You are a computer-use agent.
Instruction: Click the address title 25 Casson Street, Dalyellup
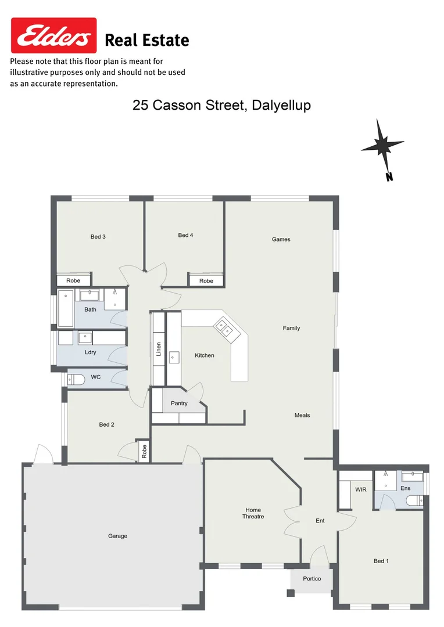point(221,105)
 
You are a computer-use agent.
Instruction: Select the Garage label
point(117,536)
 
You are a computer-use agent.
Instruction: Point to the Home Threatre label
point(253,513)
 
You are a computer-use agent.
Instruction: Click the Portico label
point(311,578)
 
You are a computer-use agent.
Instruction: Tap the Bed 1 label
point(381,561)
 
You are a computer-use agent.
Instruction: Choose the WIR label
point(361,489)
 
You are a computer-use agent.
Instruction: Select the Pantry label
point(179,403)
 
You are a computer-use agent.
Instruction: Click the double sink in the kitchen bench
point(225,329)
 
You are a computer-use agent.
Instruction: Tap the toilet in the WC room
point(77,379)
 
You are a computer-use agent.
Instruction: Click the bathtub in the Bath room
point(66,309)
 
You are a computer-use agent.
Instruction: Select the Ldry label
point(90,352)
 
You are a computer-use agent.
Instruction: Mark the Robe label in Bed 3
point(73,280)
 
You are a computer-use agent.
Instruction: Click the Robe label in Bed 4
point(206,280)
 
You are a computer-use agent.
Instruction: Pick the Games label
point(281,239)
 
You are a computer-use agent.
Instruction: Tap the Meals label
point(302,415)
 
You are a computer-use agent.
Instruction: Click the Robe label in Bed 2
point(144,452)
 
